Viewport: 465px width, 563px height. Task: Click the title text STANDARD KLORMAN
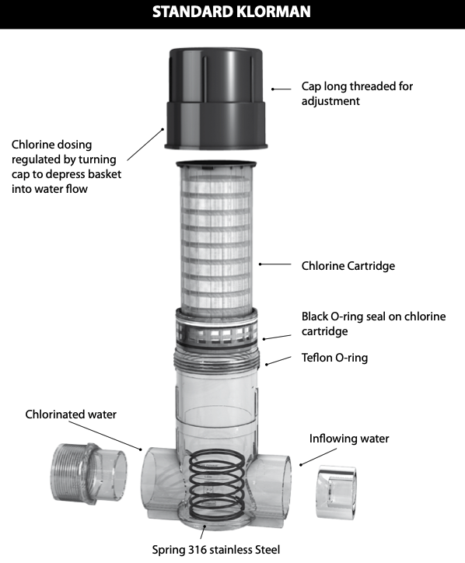coord(232,12)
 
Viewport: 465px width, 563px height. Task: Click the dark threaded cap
coord(216,99)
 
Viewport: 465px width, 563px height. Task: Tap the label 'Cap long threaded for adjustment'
coord(357,93)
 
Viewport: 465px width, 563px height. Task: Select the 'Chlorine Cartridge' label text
coord(348,266)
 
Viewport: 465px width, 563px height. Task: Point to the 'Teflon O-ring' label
coord(334,358)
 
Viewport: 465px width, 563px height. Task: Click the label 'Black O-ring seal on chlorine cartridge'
coord(373,323)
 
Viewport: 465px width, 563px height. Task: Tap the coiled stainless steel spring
coord(217,484)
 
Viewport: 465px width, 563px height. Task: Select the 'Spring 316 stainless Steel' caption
coord(216,549)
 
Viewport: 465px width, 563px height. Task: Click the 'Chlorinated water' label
coord(71,414)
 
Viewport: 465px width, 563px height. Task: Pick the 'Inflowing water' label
coord(349,439)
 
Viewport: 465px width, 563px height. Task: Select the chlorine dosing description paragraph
coord(66,166)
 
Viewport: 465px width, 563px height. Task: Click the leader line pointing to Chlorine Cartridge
coord(275,264)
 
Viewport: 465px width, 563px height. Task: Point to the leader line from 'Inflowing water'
coord(318,456)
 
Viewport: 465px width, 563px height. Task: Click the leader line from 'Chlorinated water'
coord(106,435)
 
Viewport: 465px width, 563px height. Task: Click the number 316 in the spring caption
coord(198,549)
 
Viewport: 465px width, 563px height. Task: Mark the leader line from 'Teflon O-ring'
coord(278,361)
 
